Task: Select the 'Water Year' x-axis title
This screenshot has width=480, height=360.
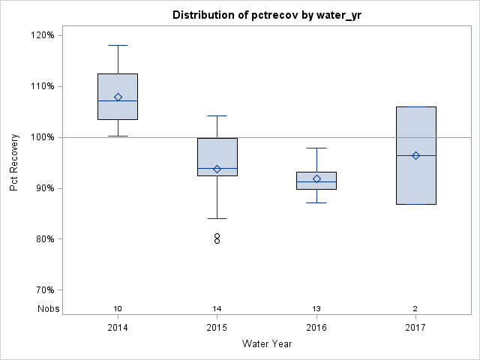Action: pyautogui.click(x=267, y=344)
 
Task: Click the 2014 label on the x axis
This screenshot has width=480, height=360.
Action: pyautogui.click(x=118, y=328)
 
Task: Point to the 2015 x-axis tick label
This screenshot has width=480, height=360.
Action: pyautogui.click(x=217, y=328)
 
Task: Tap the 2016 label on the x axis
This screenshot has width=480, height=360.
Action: pyautogui.click(x=316, y=328)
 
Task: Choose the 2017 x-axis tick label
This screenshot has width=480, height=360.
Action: pyautogui.click(x=415, y=328)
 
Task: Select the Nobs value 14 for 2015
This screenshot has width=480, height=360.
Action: pyautogui.click(x=217, y=309)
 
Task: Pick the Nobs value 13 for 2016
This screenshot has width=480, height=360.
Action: pyautogui.click(x=316, y=309)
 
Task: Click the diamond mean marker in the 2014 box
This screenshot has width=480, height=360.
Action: pyautogui.click(x=118, y=97)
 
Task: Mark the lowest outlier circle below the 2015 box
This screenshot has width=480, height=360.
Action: pyautogui.click(x=217, y=241)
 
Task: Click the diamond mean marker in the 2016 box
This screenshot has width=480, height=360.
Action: pyautogui.click(x=316, y=178)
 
